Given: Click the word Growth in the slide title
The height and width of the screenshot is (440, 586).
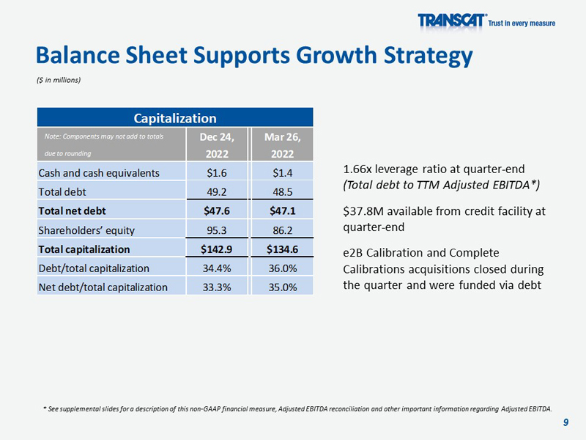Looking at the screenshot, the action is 336,56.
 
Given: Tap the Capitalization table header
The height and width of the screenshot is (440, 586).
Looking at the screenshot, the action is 175,118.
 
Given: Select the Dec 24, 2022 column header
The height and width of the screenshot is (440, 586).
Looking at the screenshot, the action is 217,145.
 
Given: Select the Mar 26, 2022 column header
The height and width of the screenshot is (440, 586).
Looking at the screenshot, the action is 283,145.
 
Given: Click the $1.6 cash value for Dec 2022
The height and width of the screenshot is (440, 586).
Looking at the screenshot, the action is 217,173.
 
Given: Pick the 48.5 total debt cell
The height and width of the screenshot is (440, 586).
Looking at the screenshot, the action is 283,192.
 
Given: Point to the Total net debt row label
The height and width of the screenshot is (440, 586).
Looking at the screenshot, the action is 72,211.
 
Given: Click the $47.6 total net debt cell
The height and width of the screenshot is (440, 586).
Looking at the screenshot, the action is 217,211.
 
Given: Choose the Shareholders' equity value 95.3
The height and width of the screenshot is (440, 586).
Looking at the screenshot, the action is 217,230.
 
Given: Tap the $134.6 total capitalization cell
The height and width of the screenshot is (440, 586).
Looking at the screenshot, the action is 283,249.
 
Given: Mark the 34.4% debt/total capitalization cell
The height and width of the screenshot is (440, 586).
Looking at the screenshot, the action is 217,268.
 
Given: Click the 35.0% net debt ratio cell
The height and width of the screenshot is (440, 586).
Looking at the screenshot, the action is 283,287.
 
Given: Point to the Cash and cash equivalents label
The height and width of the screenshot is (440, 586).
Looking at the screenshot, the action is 99,173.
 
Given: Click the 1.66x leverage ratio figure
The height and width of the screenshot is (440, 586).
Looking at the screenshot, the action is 357,169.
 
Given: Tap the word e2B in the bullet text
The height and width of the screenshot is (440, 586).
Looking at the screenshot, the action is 353,253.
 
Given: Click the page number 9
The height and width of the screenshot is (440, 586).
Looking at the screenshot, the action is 565,422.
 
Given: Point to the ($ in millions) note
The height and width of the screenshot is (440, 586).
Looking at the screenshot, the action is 59,80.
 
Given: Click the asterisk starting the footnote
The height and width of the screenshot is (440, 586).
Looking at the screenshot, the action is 45,408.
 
